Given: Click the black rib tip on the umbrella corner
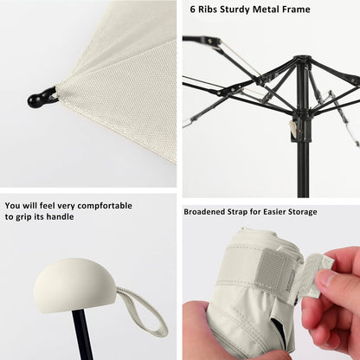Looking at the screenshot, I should point(39,99).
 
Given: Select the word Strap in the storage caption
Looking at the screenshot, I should point(247,211).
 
